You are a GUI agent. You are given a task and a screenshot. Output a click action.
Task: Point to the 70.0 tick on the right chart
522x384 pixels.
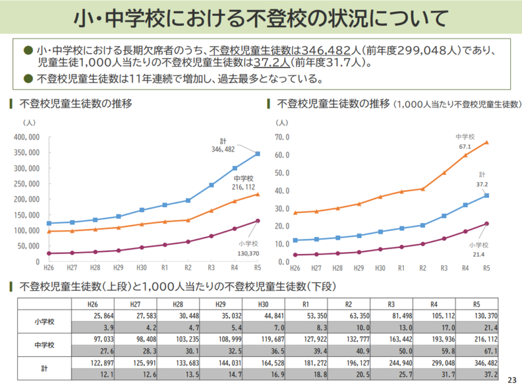click(282, 137)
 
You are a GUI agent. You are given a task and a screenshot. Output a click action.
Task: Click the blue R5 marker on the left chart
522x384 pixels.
click(257, 153)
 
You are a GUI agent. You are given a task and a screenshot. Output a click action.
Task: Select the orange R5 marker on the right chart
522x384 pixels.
click(487, 142)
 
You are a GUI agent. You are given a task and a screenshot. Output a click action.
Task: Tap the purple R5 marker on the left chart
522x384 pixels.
click(257, 221)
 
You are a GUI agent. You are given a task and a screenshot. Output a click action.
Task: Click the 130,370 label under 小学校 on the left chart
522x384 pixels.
click(248, 253)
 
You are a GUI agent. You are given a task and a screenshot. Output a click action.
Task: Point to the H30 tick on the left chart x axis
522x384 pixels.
click(141, 267)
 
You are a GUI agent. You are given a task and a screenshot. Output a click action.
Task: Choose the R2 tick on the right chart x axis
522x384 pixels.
click(423, 268)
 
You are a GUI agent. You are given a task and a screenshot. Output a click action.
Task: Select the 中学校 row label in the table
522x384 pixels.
click(44, 345)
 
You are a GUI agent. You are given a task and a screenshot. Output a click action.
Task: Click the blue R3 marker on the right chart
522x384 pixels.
click(444, 216)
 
